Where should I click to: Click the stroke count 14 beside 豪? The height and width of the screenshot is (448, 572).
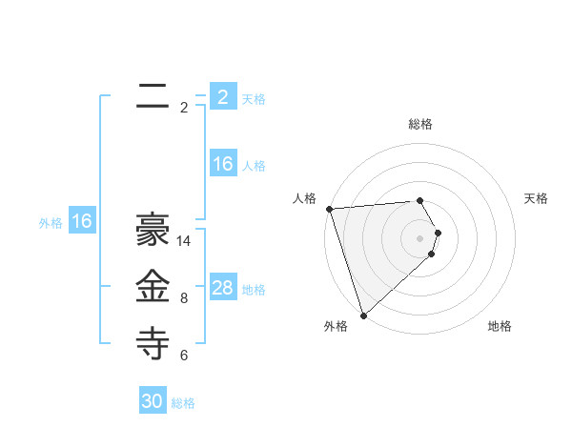tap(184, 241)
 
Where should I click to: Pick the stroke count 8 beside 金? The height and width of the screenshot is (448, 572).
tap(184, 298)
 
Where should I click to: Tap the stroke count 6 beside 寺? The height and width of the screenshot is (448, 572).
tap(184, 356)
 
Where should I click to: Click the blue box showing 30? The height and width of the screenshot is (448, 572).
tap(153, 401)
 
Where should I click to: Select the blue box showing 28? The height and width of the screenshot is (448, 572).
tap(223, 288)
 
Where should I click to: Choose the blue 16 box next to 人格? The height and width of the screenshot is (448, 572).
tap(223, 164)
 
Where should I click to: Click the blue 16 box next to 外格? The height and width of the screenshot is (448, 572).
tap(82, 222)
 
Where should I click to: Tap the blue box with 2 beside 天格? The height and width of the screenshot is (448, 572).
tap(223, 96)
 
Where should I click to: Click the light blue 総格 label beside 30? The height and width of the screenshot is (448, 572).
tap(183, 403)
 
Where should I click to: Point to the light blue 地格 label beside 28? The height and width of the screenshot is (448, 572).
tap(254, 290)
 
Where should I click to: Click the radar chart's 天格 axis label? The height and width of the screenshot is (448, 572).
tap(537, 198)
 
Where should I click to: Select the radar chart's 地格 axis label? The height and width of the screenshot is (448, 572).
tap(500, 326)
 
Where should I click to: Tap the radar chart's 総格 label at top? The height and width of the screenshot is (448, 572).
tap(420, 124)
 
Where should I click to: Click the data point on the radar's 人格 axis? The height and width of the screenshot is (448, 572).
tap(329, 209)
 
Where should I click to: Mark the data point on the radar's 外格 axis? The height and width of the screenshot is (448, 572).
tap(363, 315)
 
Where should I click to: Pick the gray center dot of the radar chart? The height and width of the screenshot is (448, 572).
tap(419, 237)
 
